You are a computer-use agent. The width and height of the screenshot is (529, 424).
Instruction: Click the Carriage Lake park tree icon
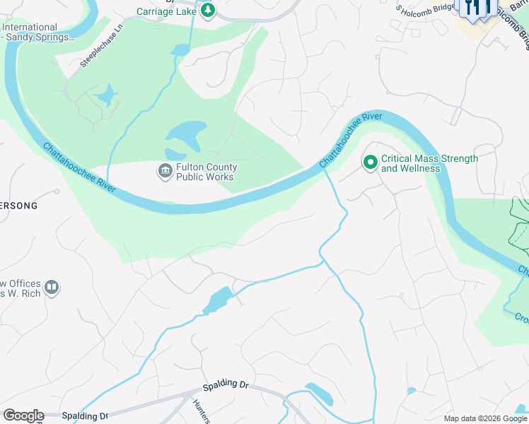(207, 11)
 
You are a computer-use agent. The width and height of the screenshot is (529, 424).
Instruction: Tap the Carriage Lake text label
(166, 11)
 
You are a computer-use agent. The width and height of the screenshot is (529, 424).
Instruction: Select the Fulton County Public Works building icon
(165, 171)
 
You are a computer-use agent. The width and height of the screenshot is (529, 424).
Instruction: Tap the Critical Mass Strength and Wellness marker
(370, 163)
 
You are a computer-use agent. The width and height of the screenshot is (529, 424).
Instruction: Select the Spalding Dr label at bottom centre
(226, 386)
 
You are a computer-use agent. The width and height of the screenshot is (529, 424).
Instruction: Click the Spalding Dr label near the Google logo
(84, 416)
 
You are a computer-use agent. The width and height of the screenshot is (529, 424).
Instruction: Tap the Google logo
(23, 416)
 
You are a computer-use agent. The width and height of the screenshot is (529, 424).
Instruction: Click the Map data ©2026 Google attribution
(485, 418)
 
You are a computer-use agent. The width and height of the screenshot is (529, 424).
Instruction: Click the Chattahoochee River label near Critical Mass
(351, 139)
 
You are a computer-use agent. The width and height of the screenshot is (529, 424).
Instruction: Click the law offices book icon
(52, 288)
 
